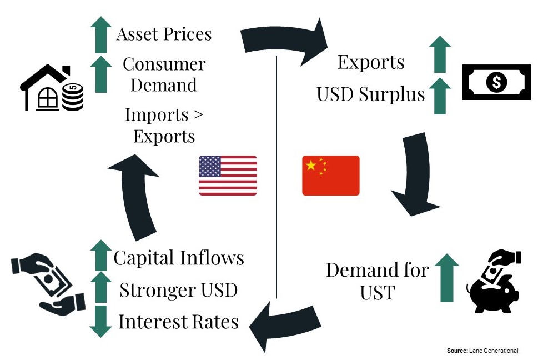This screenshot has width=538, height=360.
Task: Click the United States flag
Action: click(x=228, y=176)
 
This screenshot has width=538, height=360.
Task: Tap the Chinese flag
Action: click(x=330, y=176)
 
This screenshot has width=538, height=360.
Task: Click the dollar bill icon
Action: click(x=495, y=82)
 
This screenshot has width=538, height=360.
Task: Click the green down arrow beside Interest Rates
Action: click(x=100, y=321)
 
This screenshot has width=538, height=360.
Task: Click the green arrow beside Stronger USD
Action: click(x=100, y=289)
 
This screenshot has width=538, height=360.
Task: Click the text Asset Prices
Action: click(x=164, y=34)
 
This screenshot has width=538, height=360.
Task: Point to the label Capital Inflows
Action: click(x=179, y=258)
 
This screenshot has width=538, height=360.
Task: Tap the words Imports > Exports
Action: click(x=164, y=126)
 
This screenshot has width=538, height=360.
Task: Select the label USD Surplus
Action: click(x=370, y=94)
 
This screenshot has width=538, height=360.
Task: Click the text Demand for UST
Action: click(x=377, y=281)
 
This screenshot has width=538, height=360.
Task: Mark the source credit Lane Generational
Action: click(x=482, y=351)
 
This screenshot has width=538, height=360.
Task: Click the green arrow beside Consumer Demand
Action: click(x=100, y=74)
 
